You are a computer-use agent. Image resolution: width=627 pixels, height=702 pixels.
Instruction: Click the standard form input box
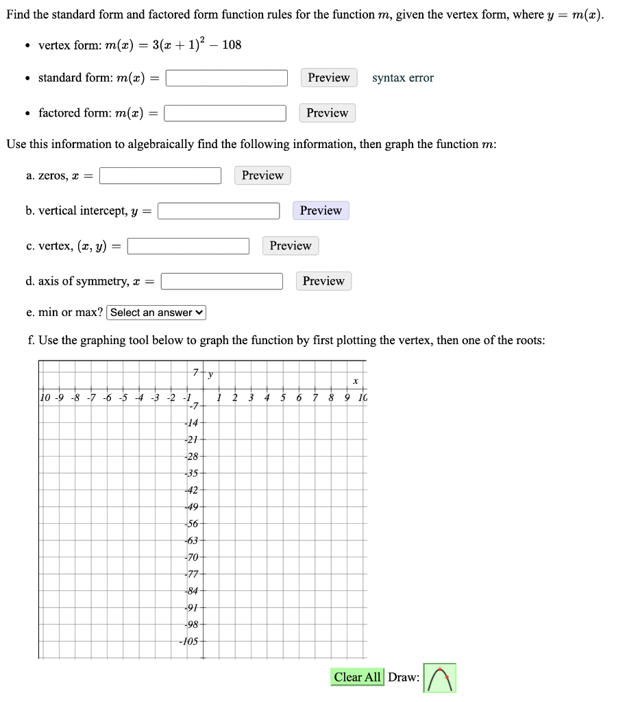226,78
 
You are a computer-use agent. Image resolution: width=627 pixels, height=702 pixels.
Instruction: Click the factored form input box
225,113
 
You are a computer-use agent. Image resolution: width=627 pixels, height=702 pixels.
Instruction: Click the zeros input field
160,176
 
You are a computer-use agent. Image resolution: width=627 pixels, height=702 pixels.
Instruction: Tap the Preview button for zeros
262,175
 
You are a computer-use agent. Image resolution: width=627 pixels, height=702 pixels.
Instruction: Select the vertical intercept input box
219,211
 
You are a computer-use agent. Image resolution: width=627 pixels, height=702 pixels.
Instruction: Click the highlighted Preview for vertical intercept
321,210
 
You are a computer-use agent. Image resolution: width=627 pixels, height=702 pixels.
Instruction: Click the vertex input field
188,246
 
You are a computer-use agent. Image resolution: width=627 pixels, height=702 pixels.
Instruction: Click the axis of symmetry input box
222,282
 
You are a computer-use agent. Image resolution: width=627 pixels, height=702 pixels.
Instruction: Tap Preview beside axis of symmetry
323,281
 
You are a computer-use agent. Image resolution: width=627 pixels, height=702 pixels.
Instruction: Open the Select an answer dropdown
156,313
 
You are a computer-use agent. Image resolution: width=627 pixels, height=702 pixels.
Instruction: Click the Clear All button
357,677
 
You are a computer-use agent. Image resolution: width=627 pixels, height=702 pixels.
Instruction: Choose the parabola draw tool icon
439,678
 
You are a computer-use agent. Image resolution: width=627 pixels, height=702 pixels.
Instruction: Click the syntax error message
403,78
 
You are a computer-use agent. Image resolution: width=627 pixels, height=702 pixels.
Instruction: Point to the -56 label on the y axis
191,522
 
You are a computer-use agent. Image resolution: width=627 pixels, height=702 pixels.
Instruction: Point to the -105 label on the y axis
189,642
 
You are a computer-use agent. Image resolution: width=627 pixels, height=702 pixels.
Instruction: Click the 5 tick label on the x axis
283,398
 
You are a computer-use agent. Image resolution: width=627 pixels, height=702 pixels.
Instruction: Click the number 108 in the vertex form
232,45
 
